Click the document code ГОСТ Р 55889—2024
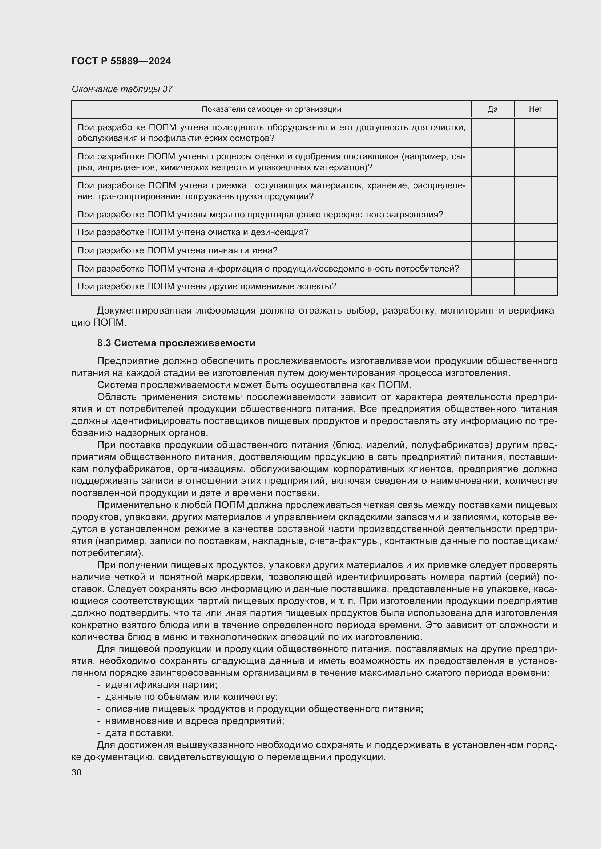[121, 61]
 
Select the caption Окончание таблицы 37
[122, 89]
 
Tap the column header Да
[492, 109]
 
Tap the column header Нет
[536, 109]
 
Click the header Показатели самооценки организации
[271, 109]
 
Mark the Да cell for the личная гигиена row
[492, 250]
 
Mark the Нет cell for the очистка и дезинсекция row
[536, 232]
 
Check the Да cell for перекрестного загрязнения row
[492, 215]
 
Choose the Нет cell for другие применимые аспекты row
[536, 286]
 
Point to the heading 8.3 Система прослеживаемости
[176, 343]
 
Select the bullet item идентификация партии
[161, 685]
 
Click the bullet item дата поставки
[140, 732]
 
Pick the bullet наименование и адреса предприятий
[195, 721]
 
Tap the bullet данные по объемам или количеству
[191, 697]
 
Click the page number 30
[77, 772]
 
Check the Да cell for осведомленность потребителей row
[492, 269]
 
